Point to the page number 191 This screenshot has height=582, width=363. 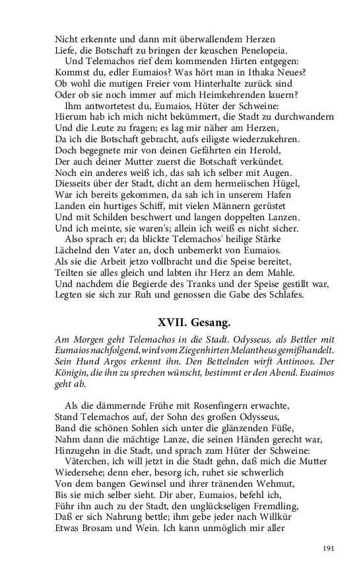331,548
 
